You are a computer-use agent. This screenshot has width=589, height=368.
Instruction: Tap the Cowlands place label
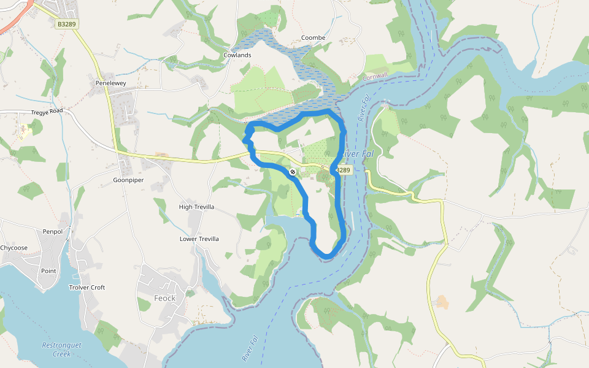click(x=237, y=55)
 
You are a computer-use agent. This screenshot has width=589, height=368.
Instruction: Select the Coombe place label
click(x=313, y=38)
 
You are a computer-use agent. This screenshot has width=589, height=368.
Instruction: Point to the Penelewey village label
click(x=110, y=83)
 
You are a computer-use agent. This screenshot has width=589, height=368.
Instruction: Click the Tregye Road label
click(x=47, y=112)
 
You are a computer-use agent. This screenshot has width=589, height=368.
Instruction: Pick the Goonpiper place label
click(x=128, y=180)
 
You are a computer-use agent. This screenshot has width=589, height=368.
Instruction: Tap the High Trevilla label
click(x=196, y=207)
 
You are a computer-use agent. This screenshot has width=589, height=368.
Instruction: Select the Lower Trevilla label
click(x=199, y=239)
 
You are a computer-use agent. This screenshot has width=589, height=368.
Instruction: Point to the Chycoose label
click(x=13, y=248)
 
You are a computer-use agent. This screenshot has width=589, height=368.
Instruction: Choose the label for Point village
click(x=48, y=270)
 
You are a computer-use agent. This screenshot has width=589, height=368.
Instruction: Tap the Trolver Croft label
click(x=87, y=287)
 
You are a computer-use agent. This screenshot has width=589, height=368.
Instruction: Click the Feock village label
click(x=164, y=298)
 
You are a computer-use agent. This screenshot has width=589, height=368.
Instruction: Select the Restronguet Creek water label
click(x=61, y=349)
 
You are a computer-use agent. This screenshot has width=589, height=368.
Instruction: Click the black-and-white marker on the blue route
click(x=293, y=172)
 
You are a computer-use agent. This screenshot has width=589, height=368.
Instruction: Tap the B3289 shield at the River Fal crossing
click(x=343, y=170)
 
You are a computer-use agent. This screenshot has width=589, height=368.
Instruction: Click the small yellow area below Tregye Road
click(x=25, y=131)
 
